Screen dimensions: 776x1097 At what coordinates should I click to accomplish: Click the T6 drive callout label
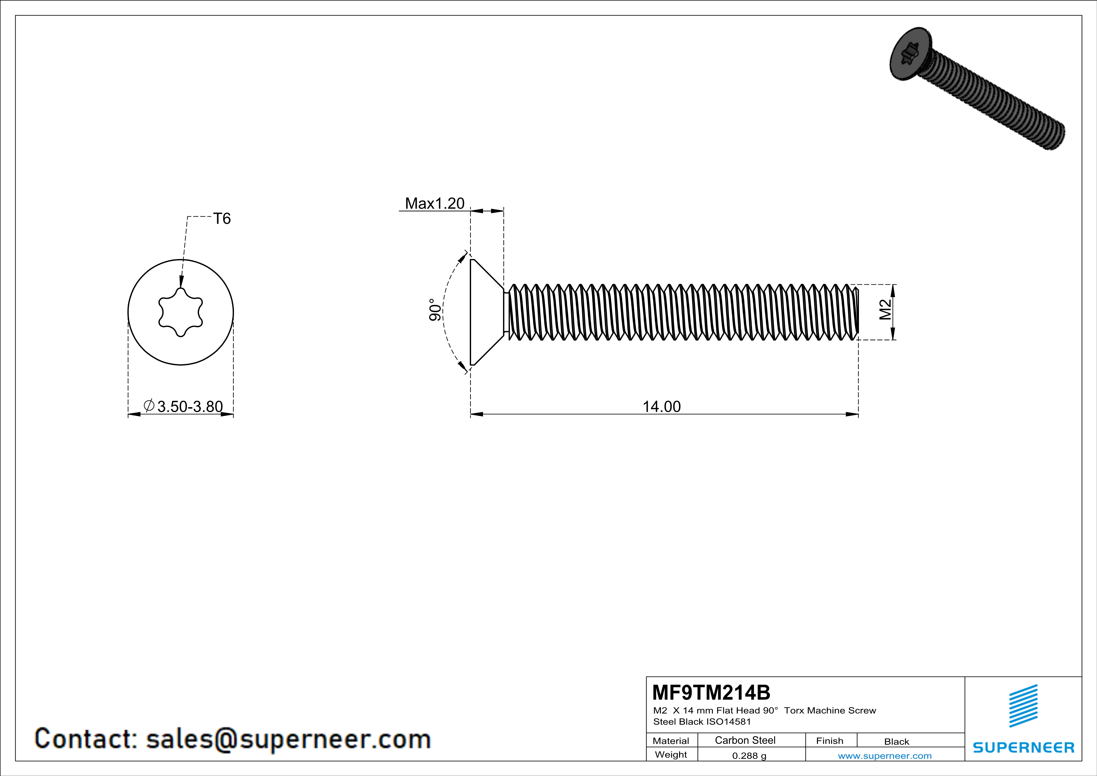point(222,219)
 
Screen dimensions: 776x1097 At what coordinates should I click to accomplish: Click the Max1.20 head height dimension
point(434,204)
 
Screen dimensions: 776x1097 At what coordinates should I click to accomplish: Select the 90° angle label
point(435,310)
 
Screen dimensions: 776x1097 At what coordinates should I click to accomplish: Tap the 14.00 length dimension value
point(661,407)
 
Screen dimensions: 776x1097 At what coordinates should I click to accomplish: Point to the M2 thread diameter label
point(885,310)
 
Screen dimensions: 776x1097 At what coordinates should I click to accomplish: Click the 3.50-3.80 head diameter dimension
point(190,407)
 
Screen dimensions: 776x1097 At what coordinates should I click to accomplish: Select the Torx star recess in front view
point(180,313)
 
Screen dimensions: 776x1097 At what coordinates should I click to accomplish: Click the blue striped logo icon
point(1023,706)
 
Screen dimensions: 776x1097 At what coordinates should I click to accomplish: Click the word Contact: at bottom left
point(86,739)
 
